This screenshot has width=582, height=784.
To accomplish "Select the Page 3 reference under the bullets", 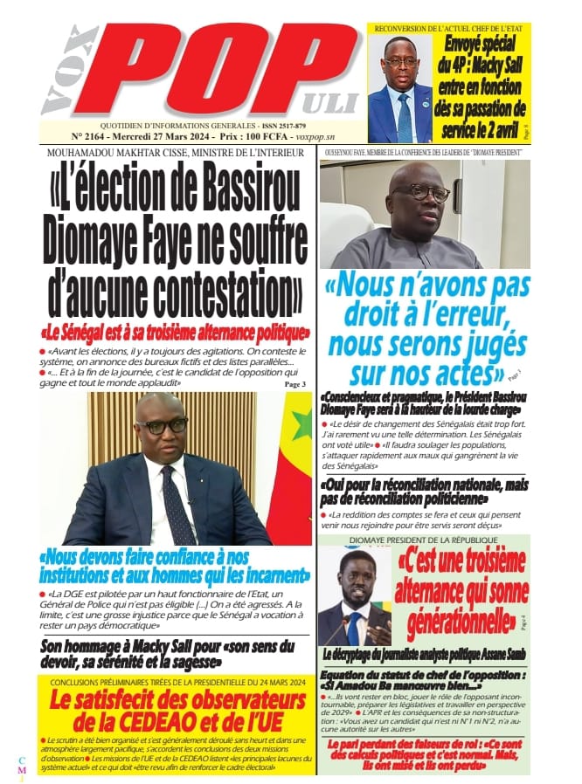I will pyautogui.click(x=294, y=383).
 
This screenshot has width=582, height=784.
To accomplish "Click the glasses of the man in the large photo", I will pyautogui.click(x=162, y=426).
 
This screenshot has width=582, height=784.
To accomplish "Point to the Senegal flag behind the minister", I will pyautogui.click(x=293, y=471).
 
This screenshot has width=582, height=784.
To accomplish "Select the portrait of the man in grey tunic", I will pyautogui.click(x=424, y=215).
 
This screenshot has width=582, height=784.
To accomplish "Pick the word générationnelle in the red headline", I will pyautogui.click(x=454, y=622).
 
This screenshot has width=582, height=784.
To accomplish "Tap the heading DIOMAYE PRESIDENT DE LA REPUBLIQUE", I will pyautogui.click(x=423, y=539).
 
